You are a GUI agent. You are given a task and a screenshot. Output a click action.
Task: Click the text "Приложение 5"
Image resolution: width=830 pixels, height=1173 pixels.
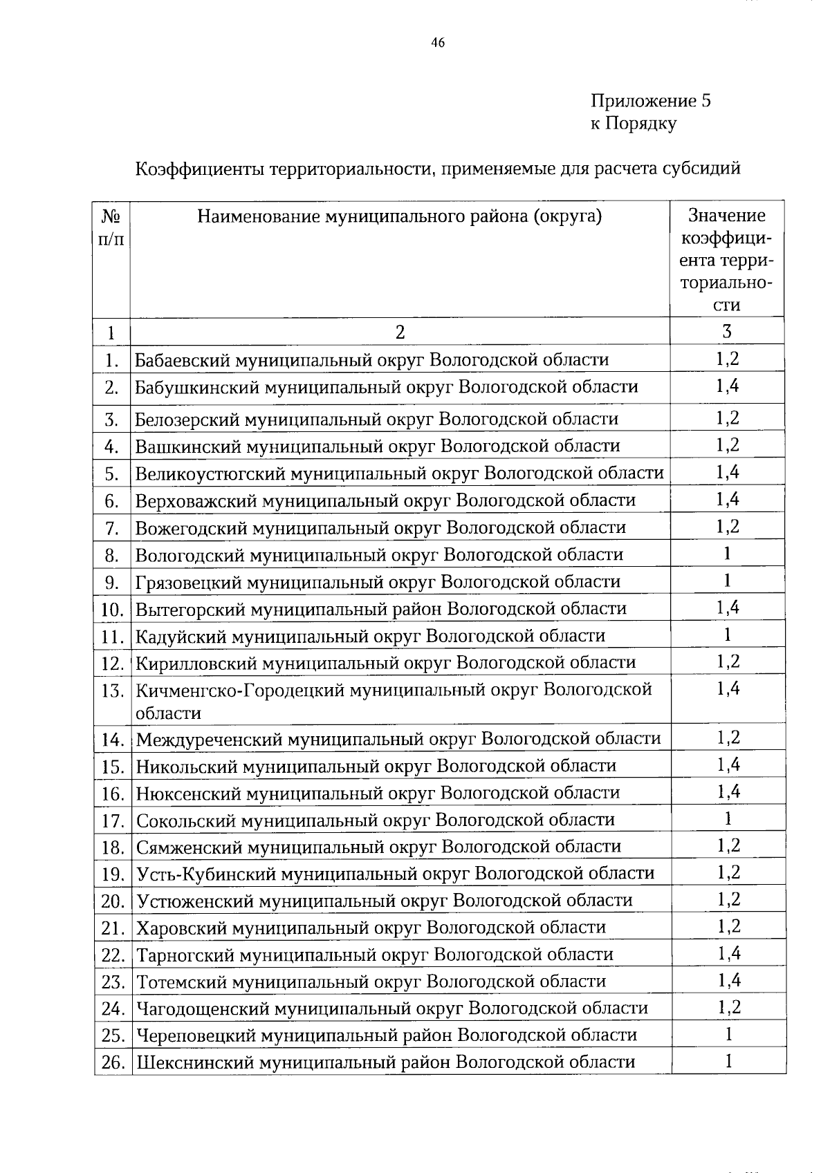tap(650, 101)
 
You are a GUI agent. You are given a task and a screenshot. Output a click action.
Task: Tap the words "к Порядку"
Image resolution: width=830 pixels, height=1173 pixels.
tap(633, 124)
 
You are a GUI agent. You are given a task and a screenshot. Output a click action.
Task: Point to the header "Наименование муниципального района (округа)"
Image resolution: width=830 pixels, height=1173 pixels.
tap(400, 217)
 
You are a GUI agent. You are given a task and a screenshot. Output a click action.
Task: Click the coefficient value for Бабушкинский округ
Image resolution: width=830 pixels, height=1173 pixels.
tap(727, 386)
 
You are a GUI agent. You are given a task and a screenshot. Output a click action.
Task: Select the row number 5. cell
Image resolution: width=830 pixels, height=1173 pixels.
tap(112, 474)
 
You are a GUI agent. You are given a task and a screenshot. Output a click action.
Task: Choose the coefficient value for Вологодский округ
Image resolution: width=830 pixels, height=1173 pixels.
tap(727, 554)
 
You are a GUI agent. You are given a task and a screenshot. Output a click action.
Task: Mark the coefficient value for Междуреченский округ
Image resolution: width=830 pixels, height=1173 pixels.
tap(728, 738)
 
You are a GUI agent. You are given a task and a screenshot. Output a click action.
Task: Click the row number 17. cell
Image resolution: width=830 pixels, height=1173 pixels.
tap(112, 821)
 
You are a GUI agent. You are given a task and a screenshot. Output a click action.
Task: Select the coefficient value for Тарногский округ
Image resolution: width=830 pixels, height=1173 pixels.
tap(728, 955)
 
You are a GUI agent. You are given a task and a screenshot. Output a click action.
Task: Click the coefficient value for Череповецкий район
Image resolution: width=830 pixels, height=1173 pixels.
tap(728, 1035)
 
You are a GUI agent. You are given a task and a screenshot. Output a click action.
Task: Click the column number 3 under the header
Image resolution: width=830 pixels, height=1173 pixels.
tap(727, 332)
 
